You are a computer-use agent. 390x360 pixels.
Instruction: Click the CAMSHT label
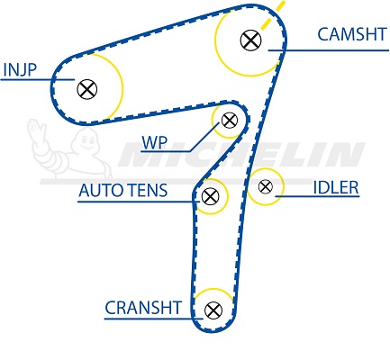coord(352,34)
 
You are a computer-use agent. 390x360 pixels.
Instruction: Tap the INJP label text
coord(20,70)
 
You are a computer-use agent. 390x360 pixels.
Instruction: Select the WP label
coord(154,143)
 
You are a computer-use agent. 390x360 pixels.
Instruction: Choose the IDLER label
coord(336,187)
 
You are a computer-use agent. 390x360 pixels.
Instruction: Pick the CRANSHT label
coord(143,308)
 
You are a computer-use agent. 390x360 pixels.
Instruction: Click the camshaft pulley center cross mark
coord(250,40)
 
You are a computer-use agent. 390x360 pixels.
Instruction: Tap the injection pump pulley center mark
coord(87,89)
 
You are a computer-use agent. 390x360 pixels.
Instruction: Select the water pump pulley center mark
coord(230,121)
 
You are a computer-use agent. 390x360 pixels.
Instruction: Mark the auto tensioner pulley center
coord(210,196)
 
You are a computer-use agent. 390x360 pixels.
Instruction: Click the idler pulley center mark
coord(266,186)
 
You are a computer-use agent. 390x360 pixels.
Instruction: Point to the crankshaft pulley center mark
coord(213,310)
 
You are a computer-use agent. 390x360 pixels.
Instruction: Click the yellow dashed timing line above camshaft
coord(273,14)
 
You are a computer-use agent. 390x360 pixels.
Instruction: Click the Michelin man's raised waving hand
coord(35,129)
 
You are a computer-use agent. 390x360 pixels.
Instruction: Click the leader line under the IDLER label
coord(317,197)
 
